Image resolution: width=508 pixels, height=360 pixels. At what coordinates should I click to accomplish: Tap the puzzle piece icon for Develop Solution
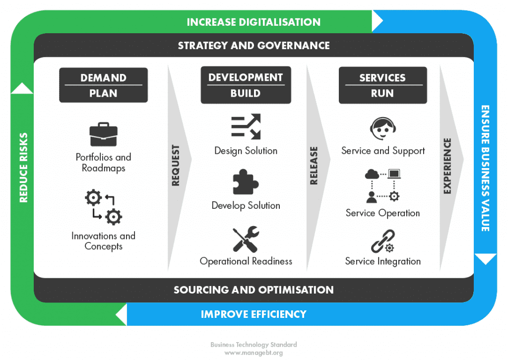coord(246,182)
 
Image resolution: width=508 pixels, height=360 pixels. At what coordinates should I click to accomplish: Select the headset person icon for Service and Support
coord(382,129)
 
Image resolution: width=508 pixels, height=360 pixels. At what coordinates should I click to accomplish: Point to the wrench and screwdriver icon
coord(246,239)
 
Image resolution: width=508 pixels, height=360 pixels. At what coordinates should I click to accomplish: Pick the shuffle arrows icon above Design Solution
coord(246,127)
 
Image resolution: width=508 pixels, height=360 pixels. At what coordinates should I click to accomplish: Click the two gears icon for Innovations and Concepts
coord(103,208)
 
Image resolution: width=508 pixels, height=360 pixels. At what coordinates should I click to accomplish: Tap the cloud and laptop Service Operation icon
coord(382,186)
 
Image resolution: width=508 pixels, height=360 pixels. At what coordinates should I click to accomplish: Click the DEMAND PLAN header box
coord(103,85)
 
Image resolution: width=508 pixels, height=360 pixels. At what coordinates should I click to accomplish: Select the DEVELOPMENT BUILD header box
coord(246,85)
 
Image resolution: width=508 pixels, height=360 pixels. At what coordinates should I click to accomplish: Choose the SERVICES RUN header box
coord(382,85)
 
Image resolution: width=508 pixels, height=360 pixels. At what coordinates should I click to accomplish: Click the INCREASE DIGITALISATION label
coord(254,22)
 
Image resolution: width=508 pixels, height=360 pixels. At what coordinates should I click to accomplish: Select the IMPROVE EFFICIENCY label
coord(254,314)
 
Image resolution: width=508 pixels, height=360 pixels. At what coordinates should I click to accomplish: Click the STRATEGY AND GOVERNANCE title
coord(254,46)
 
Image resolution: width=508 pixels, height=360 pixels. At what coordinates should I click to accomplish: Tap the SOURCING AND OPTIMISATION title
coord(254,290)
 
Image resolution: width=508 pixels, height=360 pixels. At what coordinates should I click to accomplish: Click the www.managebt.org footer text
coord(254,353)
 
